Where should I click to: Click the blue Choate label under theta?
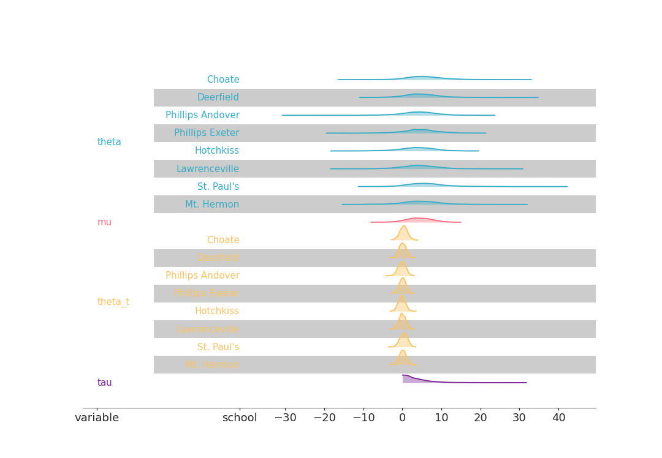point(223,80)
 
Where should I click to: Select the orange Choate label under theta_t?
point(223,240)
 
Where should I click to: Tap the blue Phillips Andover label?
point(202,115)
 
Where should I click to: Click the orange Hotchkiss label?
point(216,311)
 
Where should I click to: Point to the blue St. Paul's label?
point(218,187)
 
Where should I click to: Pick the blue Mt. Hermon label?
point(212,205)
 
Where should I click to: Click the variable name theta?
point(109,142)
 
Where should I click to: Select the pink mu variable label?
point(104,222)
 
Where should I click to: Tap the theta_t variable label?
point(113,302)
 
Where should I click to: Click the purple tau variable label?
point(104,383)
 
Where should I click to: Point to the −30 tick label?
point(285,418)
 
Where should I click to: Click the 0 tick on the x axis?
point(403,418)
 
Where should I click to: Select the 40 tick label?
point(558,418)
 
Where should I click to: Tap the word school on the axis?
point(239,418)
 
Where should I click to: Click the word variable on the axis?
point(97,418)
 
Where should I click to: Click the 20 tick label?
point(481,418)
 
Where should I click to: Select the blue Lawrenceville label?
point(207,169)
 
